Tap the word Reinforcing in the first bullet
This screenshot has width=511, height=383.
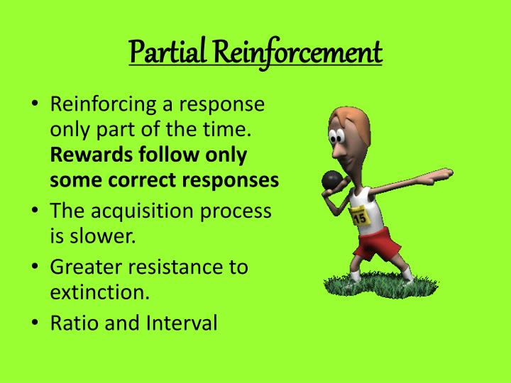click(x=109, y=106)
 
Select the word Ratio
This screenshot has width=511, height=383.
click(x=75, y=323)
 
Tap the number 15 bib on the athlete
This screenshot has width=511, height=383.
click(x=361, y=216)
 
